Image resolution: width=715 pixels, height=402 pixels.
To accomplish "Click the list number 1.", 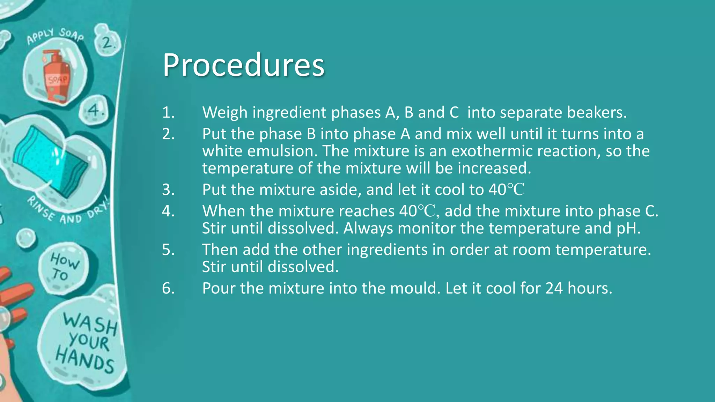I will [x=168, y=112].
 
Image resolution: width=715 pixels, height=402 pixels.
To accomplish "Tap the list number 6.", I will [x=168, y=288].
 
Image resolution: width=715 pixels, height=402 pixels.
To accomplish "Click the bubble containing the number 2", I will [x=107, y=43].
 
